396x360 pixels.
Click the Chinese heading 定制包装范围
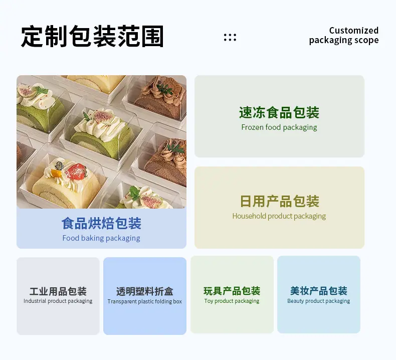92,37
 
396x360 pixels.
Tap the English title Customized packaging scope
344,36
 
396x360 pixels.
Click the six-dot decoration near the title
230,38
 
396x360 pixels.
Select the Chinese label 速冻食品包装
279,112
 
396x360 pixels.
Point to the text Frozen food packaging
279,127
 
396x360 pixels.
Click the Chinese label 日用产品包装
279,202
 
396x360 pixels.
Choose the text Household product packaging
279,216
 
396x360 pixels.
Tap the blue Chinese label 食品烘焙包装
101,223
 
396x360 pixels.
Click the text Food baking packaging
101,238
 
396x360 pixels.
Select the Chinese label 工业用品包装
58,291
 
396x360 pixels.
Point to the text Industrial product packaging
58,301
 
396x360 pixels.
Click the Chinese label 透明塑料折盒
145,291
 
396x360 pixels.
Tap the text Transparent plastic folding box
145,301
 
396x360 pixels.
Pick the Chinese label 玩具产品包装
232,291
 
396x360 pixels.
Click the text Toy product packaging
232,301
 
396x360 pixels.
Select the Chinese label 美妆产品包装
319,291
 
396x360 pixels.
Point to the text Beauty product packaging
319,301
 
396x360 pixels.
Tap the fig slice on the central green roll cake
104,116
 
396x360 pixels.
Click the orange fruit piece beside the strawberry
56,173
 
